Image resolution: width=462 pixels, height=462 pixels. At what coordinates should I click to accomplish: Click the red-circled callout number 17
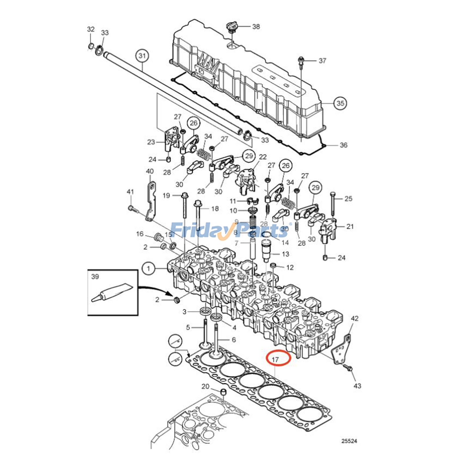(x=275, y=360)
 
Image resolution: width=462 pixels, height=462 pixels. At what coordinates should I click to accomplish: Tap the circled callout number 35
(x=340, y=103)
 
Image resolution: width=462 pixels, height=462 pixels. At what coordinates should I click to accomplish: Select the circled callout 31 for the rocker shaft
(x=142, y=55)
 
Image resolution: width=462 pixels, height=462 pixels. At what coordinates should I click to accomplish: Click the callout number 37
(x=322, y=61)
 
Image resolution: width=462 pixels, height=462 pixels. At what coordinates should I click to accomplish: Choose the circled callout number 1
(x=149, y=269)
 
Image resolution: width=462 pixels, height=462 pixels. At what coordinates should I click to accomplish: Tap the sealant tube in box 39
(x=111, y=293)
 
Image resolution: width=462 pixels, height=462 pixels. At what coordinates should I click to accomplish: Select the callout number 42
(x=354, y=318)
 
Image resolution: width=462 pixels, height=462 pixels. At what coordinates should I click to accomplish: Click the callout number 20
(x=205, y=386)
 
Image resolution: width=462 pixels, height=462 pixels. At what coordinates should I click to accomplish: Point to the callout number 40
(x=150, y=171)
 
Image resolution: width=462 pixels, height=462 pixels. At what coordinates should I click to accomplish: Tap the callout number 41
(x=131, y=192)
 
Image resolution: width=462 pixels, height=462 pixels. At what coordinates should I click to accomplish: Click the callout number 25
(x=349, y=199)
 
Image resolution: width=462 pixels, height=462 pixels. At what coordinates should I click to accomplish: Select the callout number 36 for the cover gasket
(x=343, y=145)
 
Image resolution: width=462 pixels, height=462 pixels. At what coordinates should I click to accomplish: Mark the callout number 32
(x=91, y=29)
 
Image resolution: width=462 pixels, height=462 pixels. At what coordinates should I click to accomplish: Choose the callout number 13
(x=285, y=254)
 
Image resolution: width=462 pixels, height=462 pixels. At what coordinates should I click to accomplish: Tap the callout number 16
(x=140, y=234)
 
